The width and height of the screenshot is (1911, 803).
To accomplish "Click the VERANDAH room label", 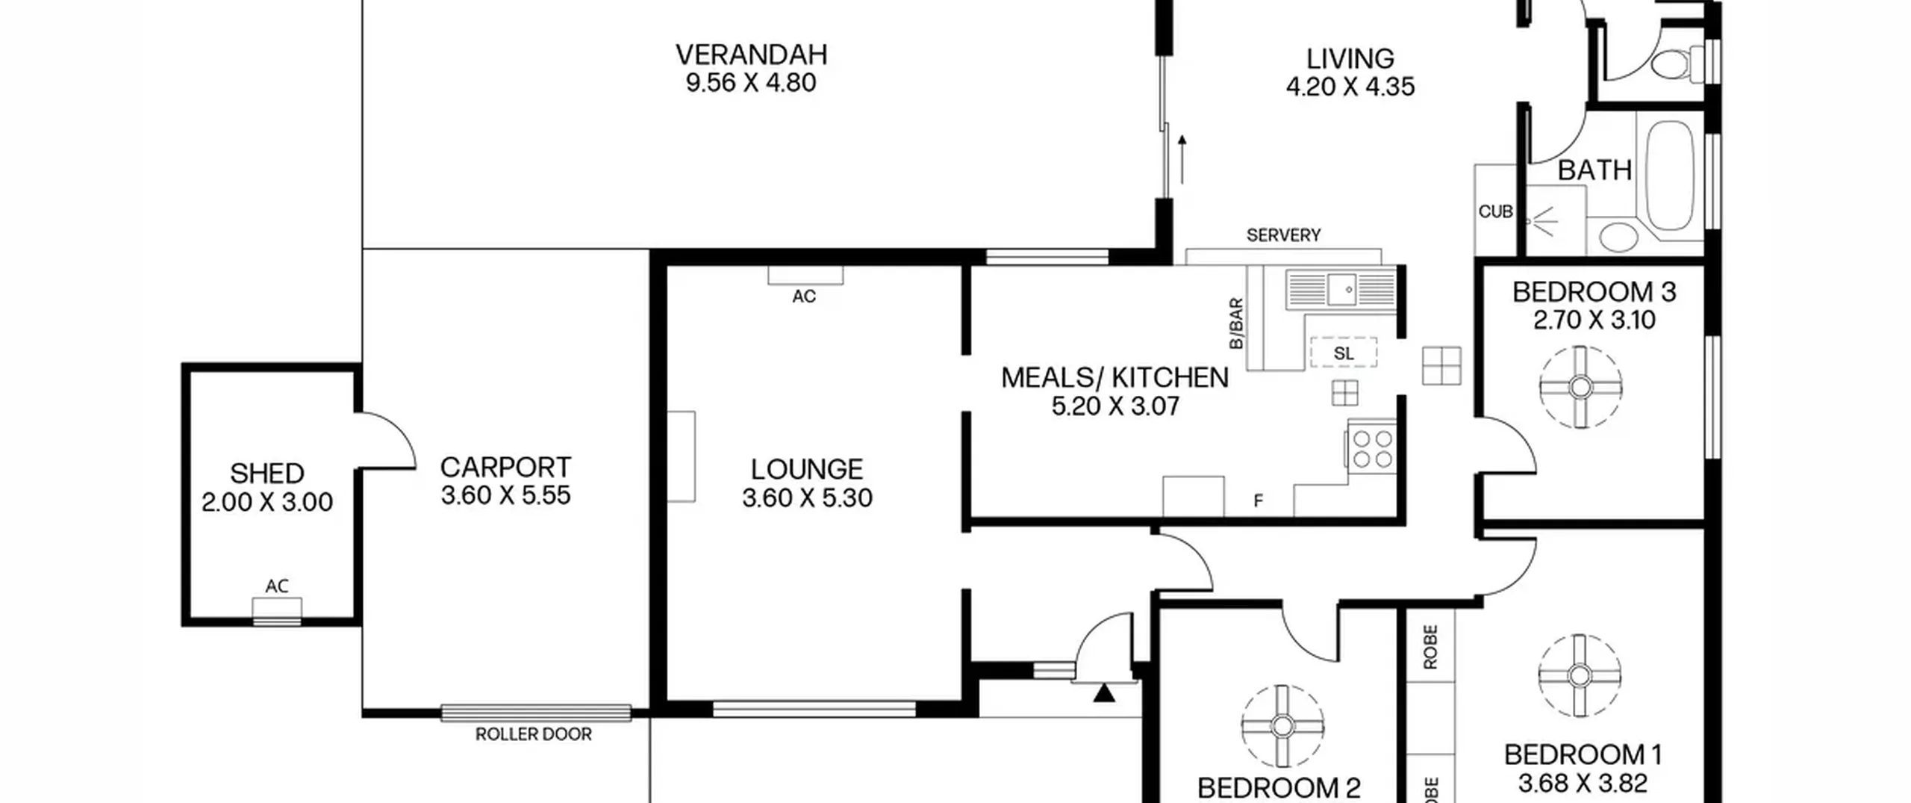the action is coord(751,55).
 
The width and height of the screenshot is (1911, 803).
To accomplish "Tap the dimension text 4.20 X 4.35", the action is coord(1350,87).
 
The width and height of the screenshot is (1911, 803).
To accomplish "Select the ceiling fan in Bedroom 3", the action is coord(1580,387).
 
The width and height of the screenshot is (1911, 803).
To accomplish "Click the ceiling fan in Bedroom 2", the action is coord(1282,725).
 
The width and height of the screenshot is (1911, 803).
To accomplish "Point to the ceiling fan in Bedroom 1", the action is coord(1579,675).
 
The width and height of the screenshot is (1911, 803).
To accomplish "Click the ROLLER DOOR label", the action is coord(533,734).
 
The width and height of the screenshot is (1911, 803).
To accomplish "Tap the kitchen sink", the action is coord(1341,290).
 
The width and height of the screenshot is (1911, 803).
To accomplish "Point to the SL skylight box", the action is coord(1344,353).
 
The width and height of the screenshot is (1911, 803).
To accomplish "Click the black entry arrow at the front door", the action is coord(1104,693).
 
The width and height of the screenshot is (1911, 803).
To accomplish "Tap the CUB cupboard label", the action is coord(1495,212).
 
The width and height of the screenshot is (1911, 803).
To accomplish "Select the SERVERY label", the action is coord(1283,235).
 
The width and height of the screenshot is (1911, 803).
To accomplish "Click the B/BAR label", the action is coord(1236,323).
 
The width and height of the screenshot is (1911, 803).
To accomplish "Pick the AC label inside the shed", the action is coord(277,586).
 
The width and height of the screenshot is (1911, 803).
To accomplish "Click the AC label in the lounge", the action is coord(804,297).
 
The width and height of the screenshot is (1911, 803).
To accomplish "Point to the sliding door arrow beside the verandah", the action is coord(1182,159).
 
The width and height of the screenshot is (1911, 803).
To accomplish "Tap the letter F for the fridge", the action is coord(1258,501).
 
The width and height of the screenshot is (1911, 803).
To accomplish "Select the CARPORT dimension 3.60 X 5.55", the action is coord(505,495).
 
